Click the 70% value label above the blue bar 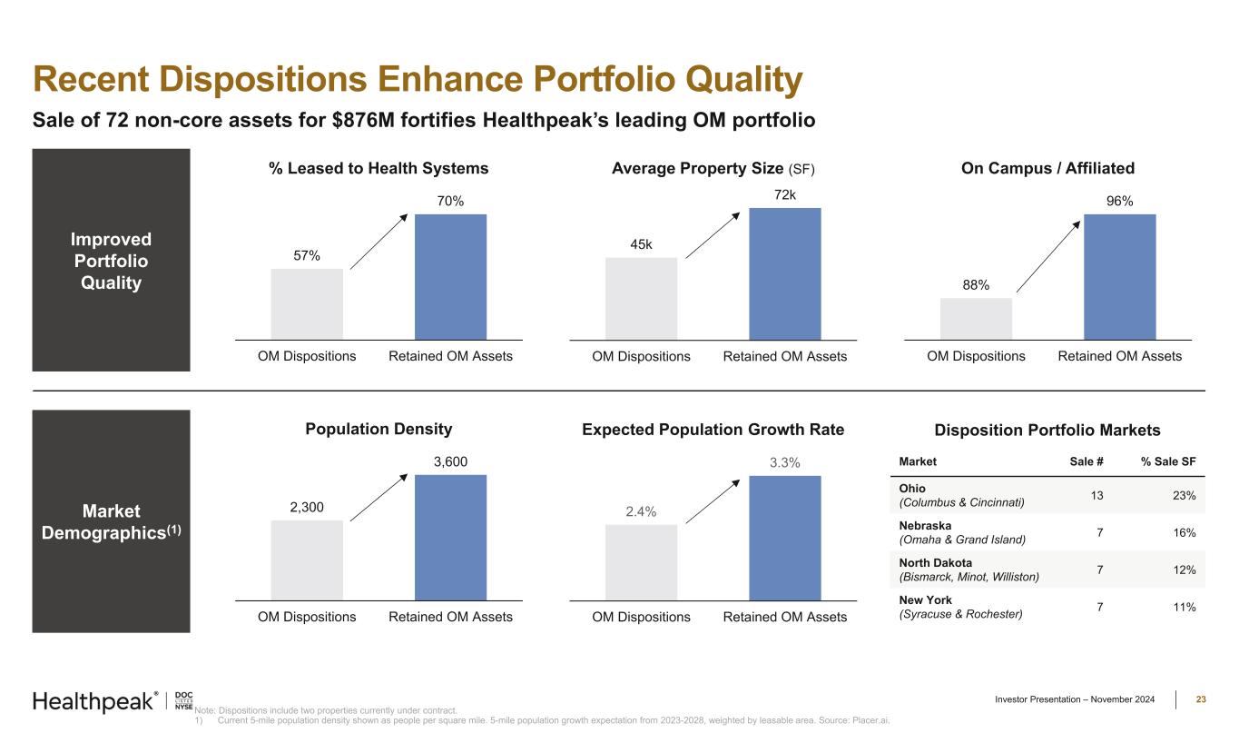(x=450, y=201)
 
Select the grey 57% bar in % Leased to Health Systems (x=307, y=303)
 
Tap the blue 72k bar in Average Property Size (x=784, y=273)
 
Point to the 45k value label (x=641, y=244)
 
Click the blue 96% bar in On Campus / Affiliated (x=1119, y=276)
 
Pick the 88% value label (x=976, y=285)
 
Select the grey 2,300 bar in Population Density (x=307, y=560)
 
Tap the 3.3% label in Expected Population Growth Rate (x=784, y=462)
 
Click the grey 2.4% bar (x=641, y=562)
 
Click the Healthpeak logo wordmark (x=93, y=701)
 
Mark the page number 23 (x=1200, y=699)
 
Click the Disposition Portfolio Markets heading (x=1047, y=430)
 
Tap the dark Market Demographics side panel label (x=111, y=522)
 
